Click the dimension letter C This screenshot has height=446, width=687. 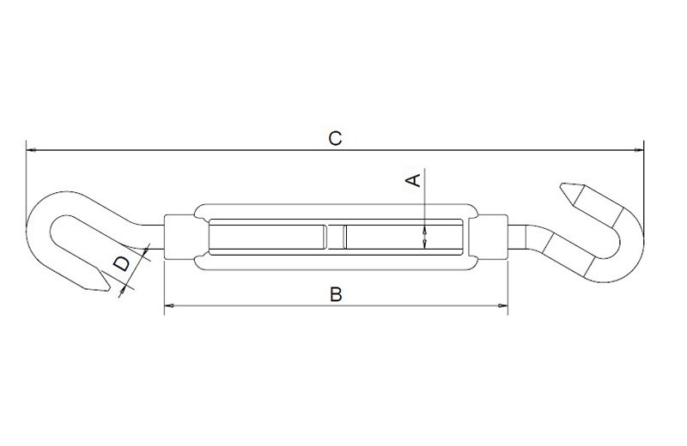pos(335,138)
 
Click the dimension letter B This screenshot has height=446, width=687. pos(336,294)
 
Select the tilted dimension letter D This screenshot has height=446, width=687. pos(122,264)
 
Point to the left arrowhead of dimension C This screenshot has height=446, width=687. pos(31,150)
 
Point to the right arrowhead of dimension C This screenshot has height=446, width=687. pos(639,150)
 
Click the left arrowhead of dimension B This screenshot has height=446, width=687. pos(169,305)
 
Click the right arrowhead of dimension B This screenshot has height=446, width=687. pos(503,305)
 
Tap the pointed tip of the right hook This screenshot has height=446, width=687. pos(561,185)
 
